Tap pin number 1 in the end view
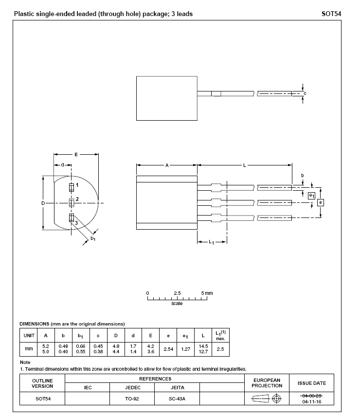77,185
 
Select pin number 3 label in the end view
76,222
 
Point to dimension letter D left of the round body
43,202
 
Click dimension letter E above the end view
76,154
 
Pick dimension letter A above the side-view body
166,165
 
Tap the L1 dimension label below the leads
212,242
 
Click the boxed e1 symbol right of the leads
311,195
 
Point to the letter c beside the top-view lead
305,93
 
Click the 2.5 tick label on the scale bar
177,293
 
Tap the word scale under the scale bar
177,304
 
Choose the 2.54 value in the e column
168,349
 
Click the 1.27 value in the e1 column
185,349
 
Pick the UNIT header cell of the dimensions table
29,335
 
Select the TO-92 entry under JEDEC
132,398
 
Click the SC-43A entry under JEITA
177,398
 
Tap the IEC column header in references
88,388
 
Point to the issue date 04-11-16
311,402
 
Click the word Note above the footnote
25,362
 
